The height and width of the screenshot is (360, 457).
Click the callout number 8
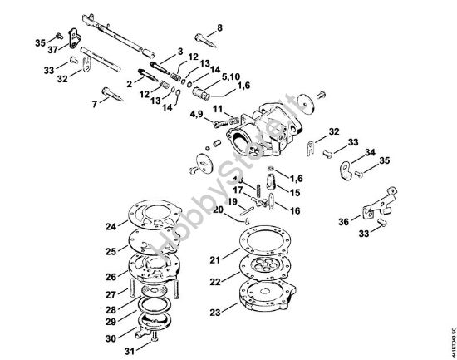(219, 27)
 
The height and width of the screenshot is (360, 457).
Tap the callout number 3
(179, 52)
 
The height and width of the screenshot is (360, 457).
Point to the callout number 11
(216, 109)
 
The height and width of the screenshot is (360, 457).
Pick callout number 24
(111, 225)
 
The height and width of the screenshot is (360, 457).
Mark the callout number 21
(214, 260)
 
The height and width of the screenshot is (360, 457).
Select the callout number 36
(344, 222)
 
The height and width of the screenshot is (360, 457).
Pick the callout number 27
(111, 293)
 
